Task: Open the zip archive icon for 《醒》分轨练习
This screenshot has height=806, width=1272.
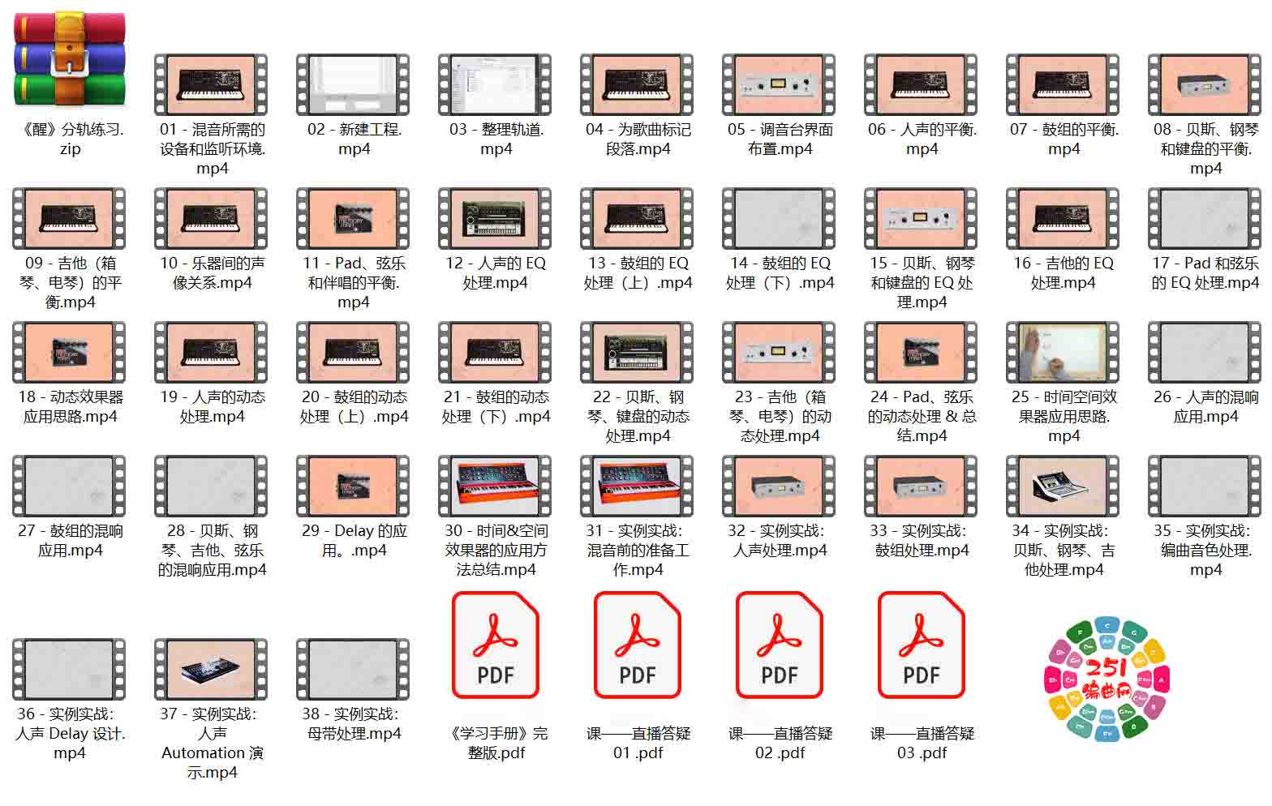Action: pyautogui.click(x=69, y=59)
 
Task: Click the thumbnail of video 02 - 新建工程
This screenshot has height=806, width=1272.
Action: pyautogui.click(x=353, y=84)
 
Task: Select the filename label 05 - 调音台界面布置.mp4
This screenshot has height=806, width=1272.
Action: pyautogui.click(x=780, y=139)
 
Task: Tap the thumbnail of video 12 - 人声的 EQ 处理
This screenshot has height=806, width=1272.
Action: pyautogui.click(x=495, y=219)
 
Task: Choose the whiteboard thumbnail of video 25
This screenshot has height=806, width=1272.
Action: pyautogui.click(x=1063, y=353)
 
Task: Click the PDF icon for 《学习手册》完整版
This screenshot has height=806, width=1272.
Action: pyautogui.click(x=495, y=645)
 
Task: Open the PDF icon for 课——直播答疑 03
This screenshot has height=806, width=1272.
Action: pyautogui.click(x=921, y=645)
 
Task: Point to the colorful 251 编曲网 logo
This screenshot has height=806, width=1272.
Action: pyautogui.click(x=1107, y=679)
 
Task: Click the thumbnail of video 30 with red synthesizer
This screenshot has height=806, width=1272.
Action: pyautogui.click(x=495, y=486)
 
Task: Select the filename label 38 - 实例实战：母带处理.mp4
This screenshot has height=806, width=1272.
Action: pyautogui.click(x=354, y=723)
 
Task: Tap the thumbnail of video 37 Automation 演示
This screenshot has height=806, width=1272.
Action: pyautogui.click(x=211, y=669)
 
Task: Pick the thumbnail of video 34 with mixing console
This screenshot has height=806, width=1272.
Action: pyautogui.click(x=1063, y=486)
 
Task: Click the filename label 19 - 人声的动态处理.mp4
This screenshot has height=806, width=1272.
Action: pyautogui.click(x=212, y=406)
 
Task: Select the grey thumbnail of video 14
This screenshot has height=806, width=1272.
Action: pyautogui.click(x=779, y=219)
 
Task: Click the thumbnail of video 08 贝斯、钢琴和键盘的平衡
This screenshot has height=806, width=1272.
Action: pyautogui.click(x=1205, y=84)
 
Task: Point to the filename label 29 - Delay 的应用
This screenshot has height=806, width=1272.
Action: pyautogui.click(x=354, y=540)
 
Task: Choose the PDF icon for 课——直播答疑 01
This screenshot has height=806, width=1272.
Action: pyautogui.click(x=637, y=645)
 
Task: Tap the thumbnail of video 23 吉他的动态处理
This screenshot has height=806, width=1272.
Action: pyautogui.click(x=779, y=353)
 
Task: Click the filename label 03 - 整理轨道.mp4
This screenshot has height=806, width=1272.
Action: pyautogui.click(x=496, y=139)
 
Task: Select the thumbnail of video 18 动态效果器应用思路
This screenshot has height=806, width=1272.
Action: pyautogui.click(x=69, y=353)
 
